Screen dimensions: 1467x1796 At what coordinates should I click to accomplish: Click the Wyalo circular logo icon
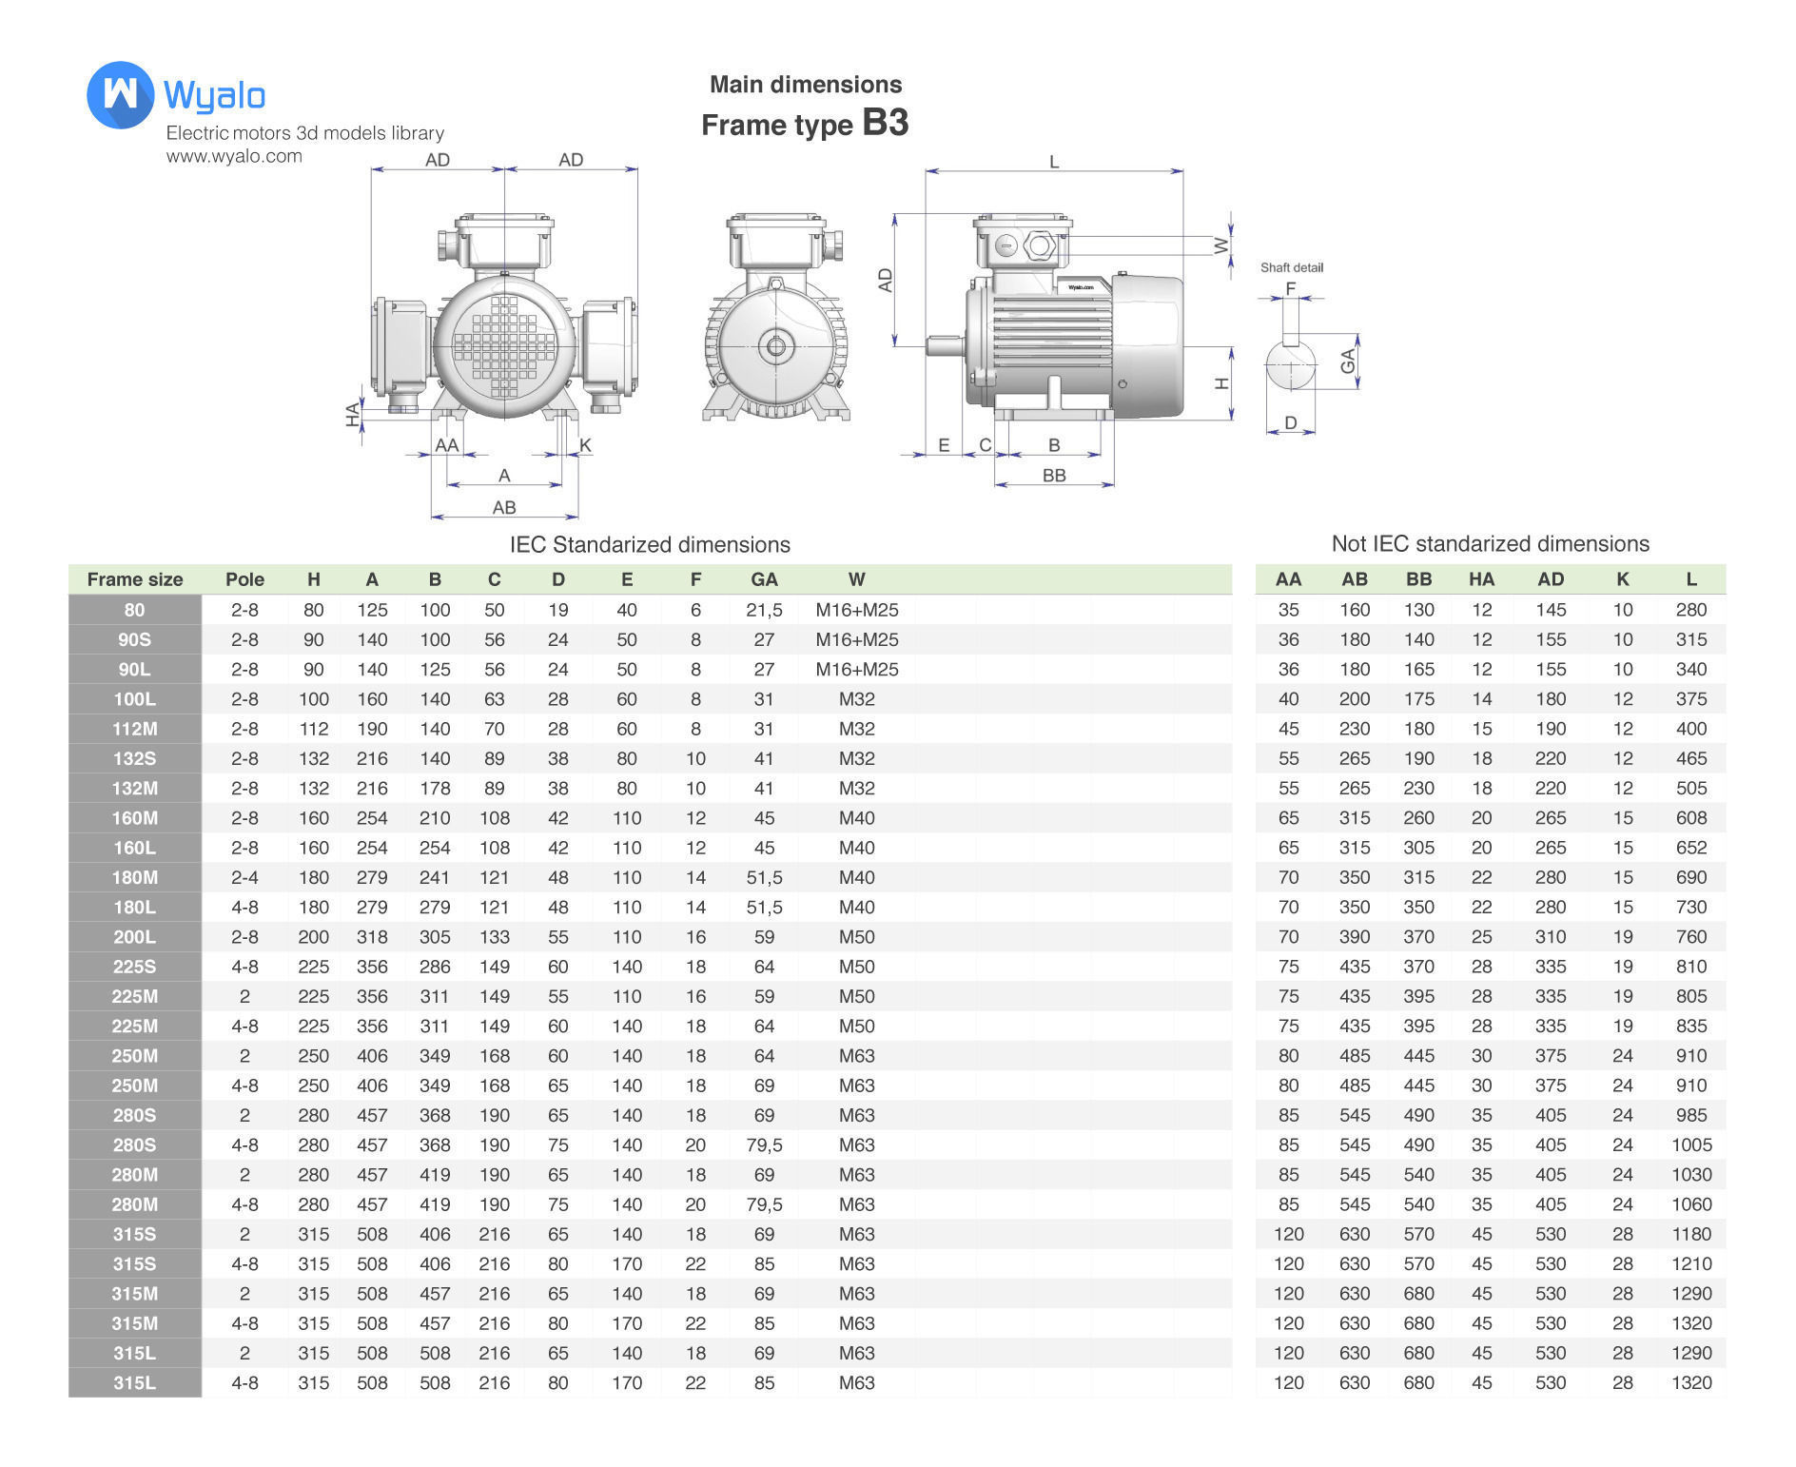coord(120,95)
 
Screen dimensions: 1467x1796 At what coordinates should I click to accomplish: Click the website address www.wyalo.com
coord(234,156)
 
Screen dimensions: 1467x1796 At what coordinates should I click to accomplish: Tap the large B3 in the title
coord(885,123)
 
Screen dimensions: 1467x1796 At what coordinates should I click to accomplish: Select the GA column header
coord(764,579)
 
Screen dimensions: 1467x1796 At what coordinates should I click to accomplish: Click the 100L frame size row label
coord(134,699)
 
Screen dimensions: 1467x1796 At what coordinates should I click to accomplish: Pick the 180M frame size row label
coord(134,877)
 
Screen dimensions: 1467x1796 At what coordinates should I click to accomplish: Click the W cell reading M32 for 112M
coord(856,729)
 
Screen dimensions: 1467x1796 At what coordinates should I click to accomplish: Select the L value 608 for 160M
coord(1690,818)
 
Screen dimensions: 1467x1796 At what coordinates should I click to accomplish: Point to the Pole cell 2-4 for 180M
coord(244,877)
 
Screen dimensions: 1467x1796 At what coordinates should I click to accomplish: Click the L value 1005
coord(1690,1145)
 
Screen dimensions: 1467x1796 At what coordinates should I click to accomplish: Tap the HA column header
coord(1481,579)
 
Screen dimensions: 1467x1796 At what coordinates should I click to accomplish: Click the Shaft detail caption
coord(1291,267)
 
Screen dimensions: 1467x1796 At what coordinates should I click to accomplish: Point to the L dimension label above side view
coord(1054,162)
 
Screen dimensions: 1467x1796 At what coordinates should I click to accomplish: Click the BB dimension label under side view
coord(1054,475)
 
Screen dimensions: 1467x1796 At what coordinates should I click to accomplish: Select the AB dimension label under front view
coord(504,507)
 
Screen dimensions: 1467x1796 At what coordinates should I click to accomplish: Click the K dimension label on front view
coord(585,445)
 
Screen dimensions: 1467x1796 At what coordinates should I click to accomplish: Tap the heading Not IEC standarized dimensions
coord(1490,544)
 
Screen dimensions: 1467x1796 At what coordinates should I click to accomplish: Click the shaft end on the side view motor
coord(945,346)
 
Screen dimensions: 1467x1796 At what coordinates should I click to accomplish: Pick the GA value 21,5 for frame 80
coord(764,610)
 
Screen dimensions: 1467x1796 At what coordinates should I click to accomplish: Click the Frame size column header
coord(134,579)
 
